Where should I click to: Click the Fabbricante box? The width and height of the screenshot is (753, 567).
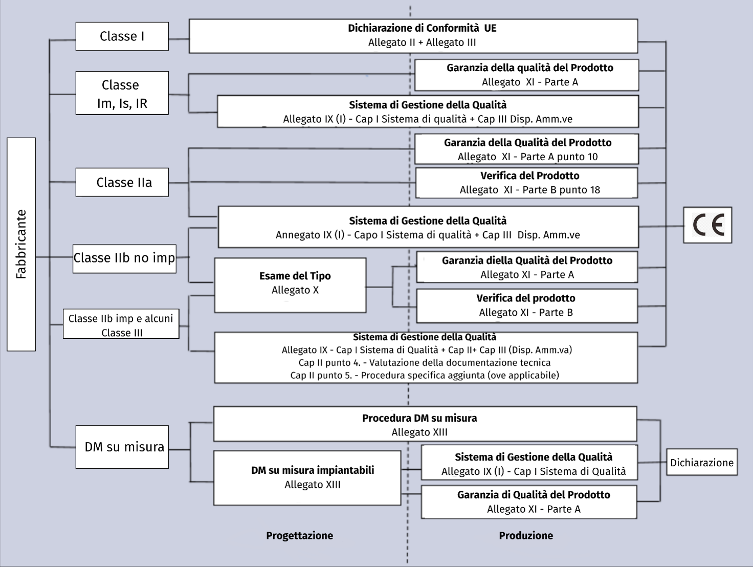pyautogui.click(x=21, y=244)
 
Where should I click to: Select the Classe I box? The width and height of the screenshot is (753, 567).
pyautogui.click(x=122, y=36)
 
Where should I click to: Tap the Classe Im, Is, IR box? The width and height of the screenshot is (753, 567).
pyautogui.click(x=122, y=93)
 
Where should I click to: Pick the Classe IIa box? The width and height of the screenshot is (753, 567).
pyautogui.click(x=122, y=182)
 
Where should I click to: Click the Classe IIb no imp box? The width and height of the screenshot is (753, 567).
pyautogui.click(x=124, y=258)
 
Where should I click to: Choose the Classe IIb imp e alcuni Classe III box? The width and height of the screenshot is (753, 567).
pyautogui.click(x=121, y=324)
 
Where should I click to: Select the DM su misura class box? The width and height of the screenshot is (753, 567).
pyautogui.click(x=122, y=447)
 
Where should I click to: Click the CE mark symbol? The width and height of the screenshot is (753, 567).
pyautogui.click(x=707, y=225)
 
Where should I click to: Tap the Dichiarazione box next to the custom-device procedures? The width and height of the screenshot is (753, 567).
pyautogui.click(x=702, y=462)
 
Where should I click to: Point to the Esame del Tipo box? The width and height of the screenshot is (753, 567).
pyautogui.click(x=290, y=285)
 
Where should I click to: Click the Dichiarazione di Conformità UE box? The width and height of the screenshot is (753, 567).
pyautogui.click(x=413, y=36)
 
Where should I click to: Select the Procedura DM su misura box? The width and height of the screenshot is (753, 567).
pyautogui.click(x=425, y=424)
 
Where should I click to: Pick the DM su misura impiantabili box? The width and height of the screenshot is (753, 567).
pyautogui.click(x=307, y=478)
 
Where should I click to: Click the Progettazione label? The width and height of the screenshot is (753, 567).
pyautogui.click(x=299, y=535)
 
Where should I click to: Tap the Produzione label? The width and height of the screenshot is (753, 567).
pyautogui.click(x=526, y=535)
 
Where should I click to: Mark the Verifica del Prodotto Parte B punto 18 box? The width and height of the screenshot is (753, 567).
pyautogui.click(x=526, y=183)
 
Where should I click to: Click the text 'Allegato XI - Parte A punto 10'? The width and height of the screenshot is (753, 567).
pyautogui.click(x=527, y=157)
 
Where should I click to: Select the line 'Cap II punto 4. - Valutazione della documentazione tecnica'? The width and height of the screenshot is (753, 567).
pyautogui.click(x=425, y=363)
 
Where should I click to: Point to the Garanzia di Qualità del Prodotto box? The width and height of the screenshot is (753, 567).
pyautogui.click(x=529, y=502)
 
